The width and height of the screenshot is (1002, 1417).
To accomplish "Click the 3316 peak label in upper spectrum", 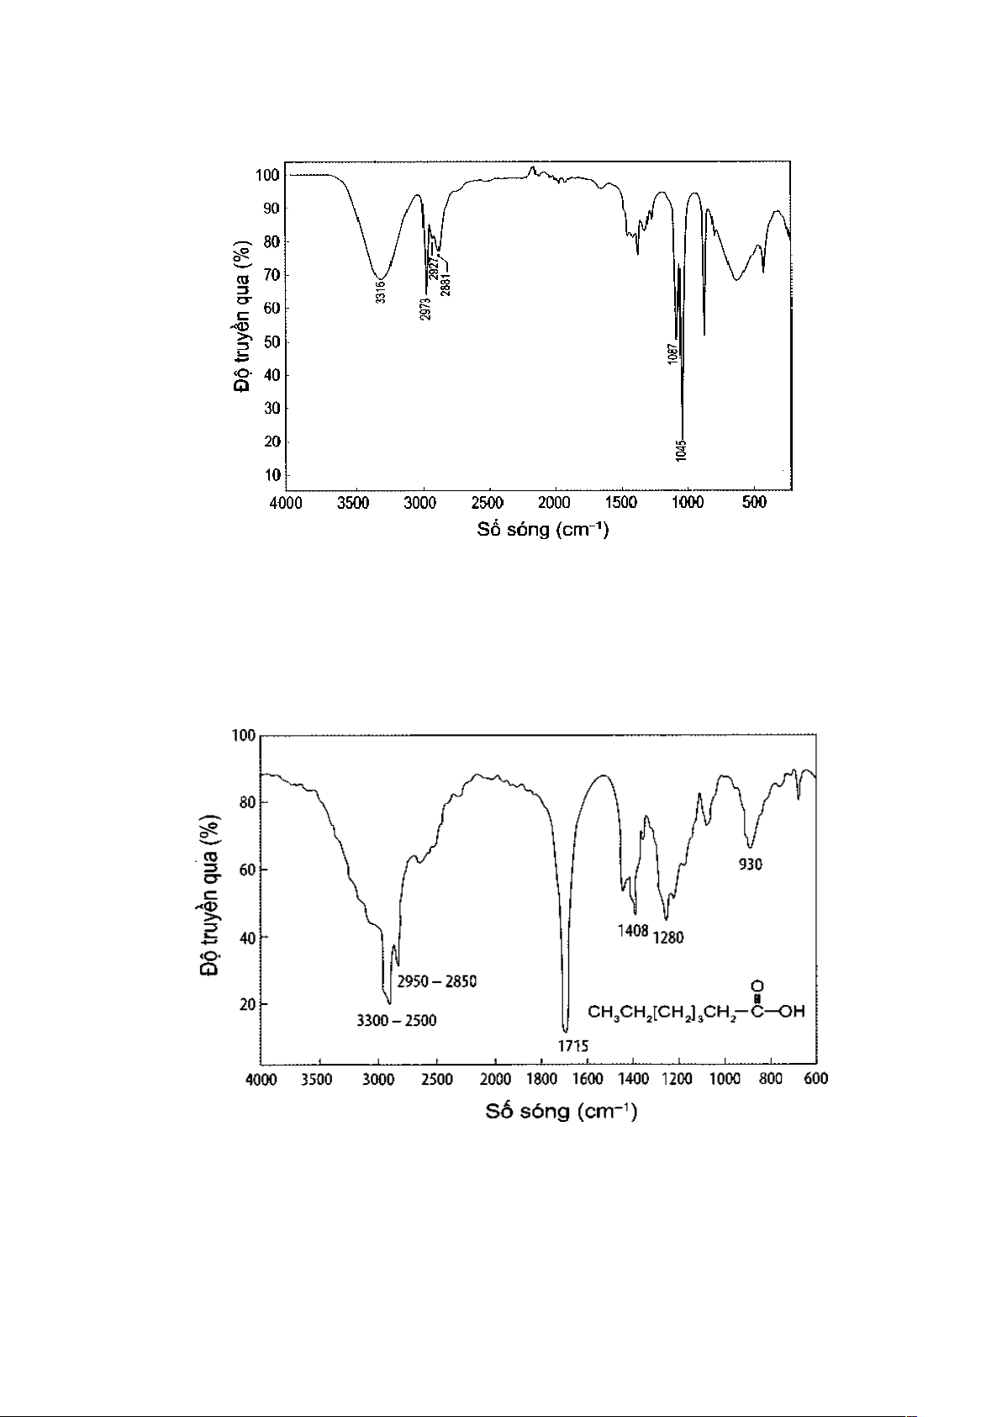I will click(x=381, y=292).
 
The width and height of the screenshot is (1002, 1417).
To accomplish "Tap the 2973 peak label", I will click(x=425, y=309).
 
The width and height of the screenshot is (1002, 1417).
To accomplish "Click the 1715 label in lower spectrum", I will click(x=573, y=1046).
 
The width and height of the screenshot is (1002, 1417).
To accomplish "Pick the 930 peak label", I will click(x=751, y=864).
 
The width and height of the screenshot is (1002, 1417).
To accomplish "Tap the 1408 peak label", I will click(x=633, y=931).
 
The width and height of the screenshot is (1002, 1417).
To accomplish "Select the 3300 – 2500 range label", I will click(x=397, y=1021).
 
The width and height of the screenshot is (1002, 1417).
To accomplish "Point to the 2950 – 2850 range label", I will click(x=437, y=981).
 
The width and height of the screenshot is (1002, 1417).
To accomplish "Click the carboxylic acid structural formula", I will click(x=696, y=1011).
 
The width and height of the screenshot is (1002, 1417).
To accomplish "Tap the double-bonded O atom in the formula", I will click(x=757, y=986).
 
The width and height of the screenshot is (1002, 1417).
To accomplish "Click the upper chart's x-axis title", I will click(x=543, y=530).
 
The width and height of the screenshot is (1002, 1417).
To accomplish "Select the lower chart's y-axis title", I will click(x=209, y=895).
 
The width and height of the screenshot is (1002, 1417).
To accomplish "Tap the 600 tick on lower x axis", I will click(x=816, y=1080).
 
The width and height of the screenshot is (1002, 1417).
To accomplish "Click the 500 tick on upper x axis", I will click(x=754, y=504).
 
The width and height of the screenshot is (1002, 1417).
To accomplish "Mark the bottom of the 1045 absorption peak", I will click(x=683, y=436).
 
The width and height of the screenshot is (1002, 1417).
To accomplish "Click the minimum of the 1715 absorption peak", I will click(x=565, y=1031).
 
